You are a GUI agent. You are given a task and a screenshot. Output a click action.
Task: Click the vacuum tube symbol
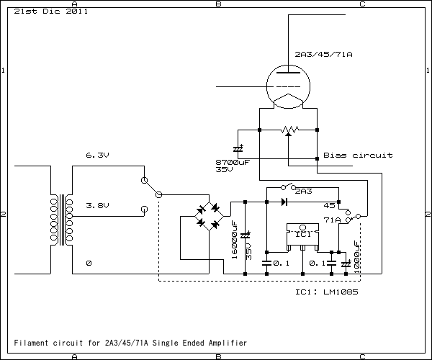click(x=288, y=88)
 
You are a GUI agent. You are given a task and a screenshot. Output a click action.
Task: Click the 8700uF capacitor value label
click(x=232, y=162)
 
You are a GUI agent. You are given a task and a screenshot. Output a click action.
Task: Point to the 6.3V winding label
click(x=96, y=155)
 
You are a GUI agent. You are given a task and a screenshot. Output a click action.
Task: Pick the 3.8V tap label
click(x=96, y=205)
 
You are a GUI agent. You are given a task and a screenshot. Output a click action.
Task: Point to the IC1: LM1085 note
click(x=327, y=293)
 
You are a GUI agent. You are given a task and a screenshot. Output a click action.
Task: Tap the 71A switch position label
click(x=332, y=220)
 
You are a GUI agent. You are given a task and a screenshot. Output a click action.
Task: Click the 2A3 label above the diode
click(x=303, y=192)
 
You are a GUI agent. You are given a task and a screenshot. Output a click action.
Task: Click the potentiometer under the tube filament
click(x=288, y=130)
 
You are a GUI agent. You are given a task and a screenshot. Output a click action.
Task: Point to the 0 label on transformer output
click(x=88, y=264)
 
